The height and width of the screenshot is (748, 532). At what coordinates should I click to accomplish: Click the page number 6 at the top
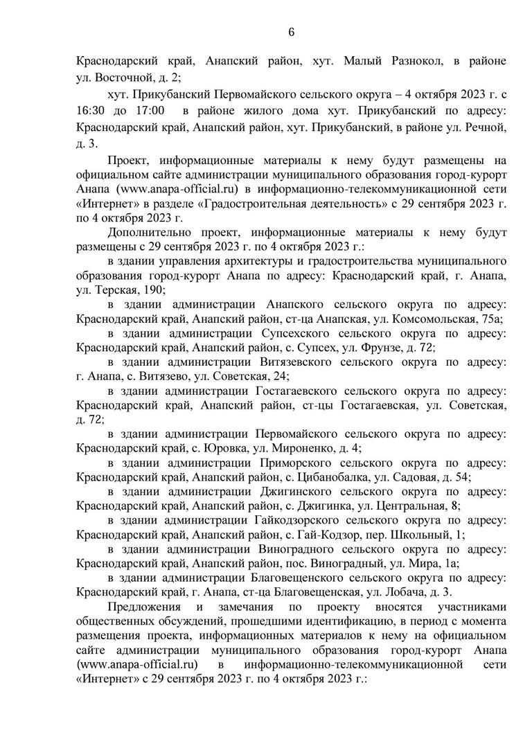(291, 33)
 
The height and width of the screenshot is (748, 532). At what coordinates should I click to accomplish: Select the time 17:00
(150, 111)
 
